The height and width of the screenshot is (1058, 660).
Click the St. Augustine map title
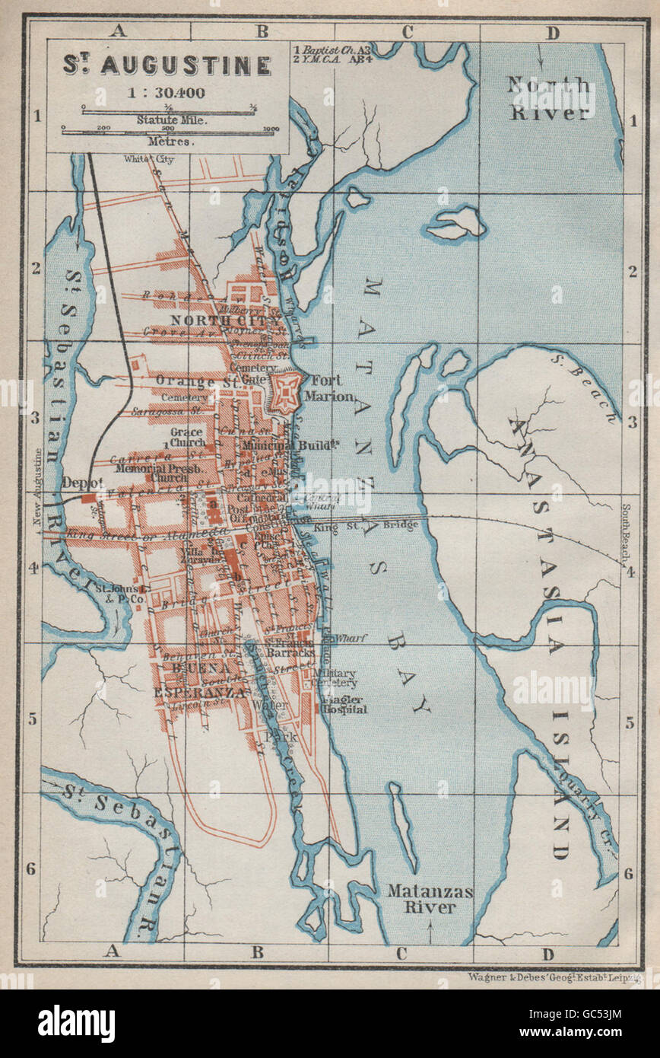pos(167,65)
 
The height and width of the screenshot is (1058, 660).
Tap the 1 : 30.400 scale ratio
pos(167,94)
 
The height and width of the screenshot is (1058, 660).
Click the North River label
pos(549,98)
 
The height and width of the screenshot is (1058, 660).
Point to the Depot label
pos(81,483)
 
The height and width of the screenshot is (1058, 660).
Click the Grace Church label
pos(187,437)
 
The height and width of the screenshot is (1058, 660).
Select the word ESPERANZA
pos(199,693)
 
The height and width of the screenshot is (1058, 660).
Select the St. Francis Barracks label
pos(290,647)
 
